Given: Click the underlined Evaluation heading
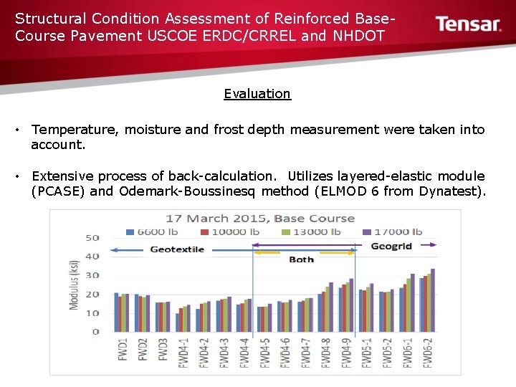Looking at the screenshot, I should [257, 94].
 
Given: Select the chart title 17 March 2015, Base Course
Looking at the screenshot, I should [260, 218].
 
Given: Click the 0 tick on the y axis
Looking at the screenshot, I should [96, 332].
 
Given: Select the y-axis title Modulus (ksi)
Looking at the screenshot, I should [74, 285].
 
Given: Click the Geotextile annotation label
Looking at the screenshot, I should [177, 249].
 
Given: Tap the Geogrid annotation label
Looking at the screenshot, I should [391, 246].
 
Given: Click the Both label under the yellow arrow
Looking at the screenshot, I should [301, 259].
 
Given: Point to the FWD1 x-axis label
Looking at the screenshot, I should [123, 347].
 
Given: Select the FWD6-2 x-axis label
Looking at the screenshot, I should [428, 352].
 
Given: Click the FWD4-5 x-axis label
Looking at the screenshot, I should [265, 352].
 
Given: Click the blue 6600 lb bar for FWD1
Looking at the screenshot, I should [116, 312].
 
